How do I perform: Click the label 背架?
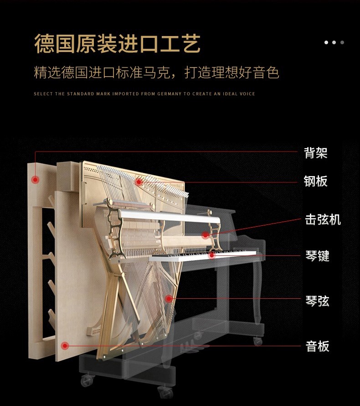(x=315, y=153)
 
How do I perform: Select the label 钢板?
(x=315, y=181)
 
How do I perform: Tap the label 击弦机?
(x=323, y=219)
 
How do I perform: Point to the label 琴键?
(x=317, y=256)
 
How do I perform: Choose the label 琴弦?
(x=317, y=301)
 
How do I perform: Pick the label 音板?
(x=317, y=346)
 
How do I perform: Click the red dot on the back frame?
(x=35, y=180)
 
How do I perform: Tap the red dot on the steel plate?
(x=139, y=182)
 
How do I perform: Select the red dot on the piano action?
(x=206, y=235)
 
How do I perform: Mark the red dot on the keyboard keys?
(x=212, y=255)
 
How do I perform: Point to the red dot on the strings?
(x=169, y=299)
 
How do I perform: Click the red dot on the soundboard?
(x=65, y=346)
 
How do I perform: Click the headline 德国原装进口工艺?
(x=118, y=43)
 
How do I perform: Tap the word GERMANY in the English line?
(x=170, y=94)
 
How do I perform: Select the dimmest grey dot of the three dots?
(x=342, y=42)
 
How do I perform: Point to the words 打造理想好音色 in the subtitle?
(x=232, y=72)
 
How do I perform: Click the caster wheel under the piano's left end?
(x=87, y=380)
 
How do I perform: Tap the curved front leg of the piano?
(x=257, y=292)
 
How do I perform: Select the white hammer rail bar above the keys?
(x=170, y=217)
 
